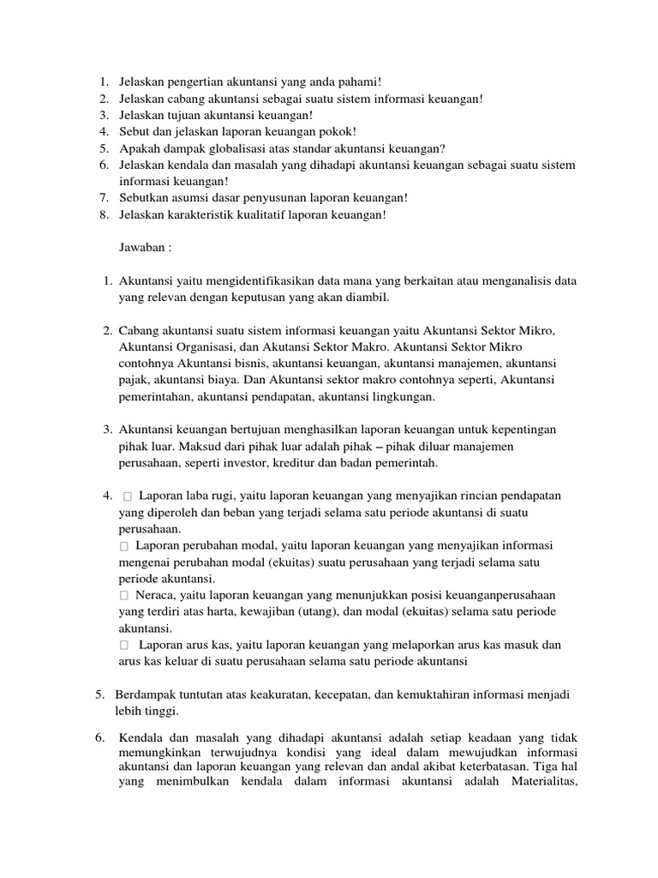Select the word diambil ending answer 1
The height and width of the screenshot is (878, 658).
tap(367, 298)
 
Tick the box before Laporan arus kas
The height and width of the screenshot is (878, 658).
tap(125, 645)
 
